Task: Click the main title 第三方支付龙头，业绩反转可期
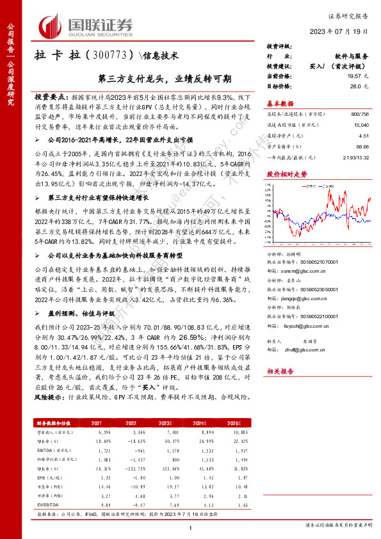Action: pyautogui.click(x=165, y=79)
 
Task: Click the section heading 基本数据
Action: pyautogui.click(x=280, y=104)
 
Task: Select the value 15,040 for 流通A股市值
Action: pyautogui.click(x=360, y=126)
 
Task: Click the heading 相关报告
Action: pyautogui.click(x=280, y=389)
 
